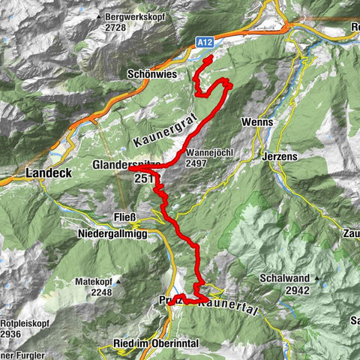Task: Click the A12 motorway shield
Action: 208,43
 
